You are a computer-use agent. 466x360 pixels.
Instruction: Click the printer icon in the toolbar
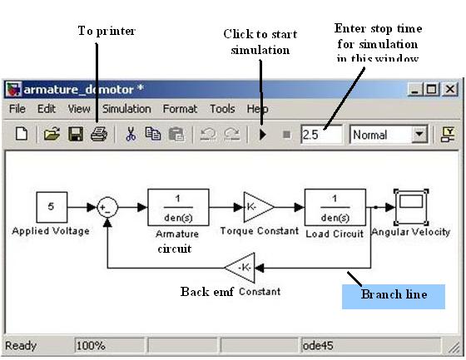click(99, 134)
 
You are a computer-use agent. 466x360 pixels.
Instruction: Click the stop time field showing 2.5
click(321, 135)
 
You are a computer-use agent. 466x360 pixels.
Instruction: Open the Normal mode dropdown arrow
click(419, 134)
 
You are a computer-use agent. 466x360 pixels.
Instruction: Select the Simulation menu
click(126, 109)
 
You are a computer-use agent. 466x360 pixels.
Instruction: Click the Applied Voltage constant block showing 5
click(52, 207)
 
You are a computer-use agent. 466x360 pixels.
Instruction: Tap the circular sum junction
click(107, 207)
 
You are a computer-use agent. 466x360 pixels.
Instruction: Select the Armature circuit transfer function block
click(178, 207)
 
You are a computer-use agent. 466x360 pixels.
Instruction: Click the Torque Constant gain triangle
click(258, 207)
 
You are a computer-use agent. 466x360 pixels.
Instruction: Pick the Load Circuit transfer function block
click(335, 207)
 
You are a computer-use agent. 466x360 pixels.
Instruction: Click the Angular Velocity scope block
click(411, 207)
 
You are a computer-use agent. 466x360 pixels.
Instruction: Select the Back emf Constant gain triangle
click(241, 268)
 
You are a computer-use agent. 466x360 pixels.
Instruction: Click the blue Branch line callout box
click(394, 297)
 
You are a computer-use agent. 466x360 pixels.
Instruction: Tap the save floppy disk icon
click(76, 134)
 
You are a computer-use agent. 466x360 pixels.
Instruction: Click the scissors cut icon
click(131, 134)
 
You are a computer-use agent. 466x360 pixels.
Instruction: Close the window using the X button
click(450, 89)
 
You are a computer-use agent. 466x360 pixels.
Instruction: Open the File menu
click(17, 109)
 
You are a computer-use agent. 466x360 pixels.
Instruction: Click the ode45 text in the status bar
click(318, 345)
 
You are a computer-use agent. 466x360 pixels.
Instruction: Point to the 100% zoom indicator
click(91, 345)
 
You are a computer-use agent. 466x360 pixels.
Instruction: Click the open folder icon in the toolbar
click(52, 134)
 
